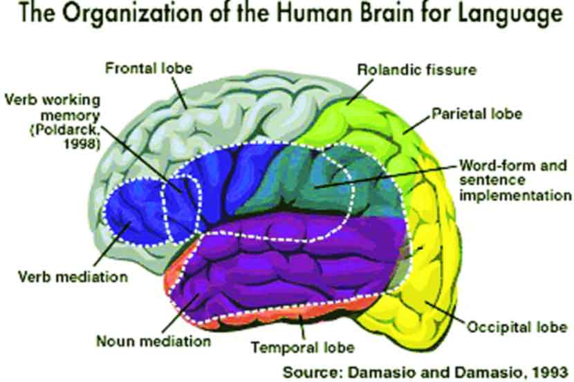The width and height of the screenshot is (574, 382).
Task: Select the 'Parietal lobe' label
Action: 477,112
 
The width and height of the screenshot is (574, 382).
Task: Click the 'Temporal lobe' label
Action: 303,346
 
